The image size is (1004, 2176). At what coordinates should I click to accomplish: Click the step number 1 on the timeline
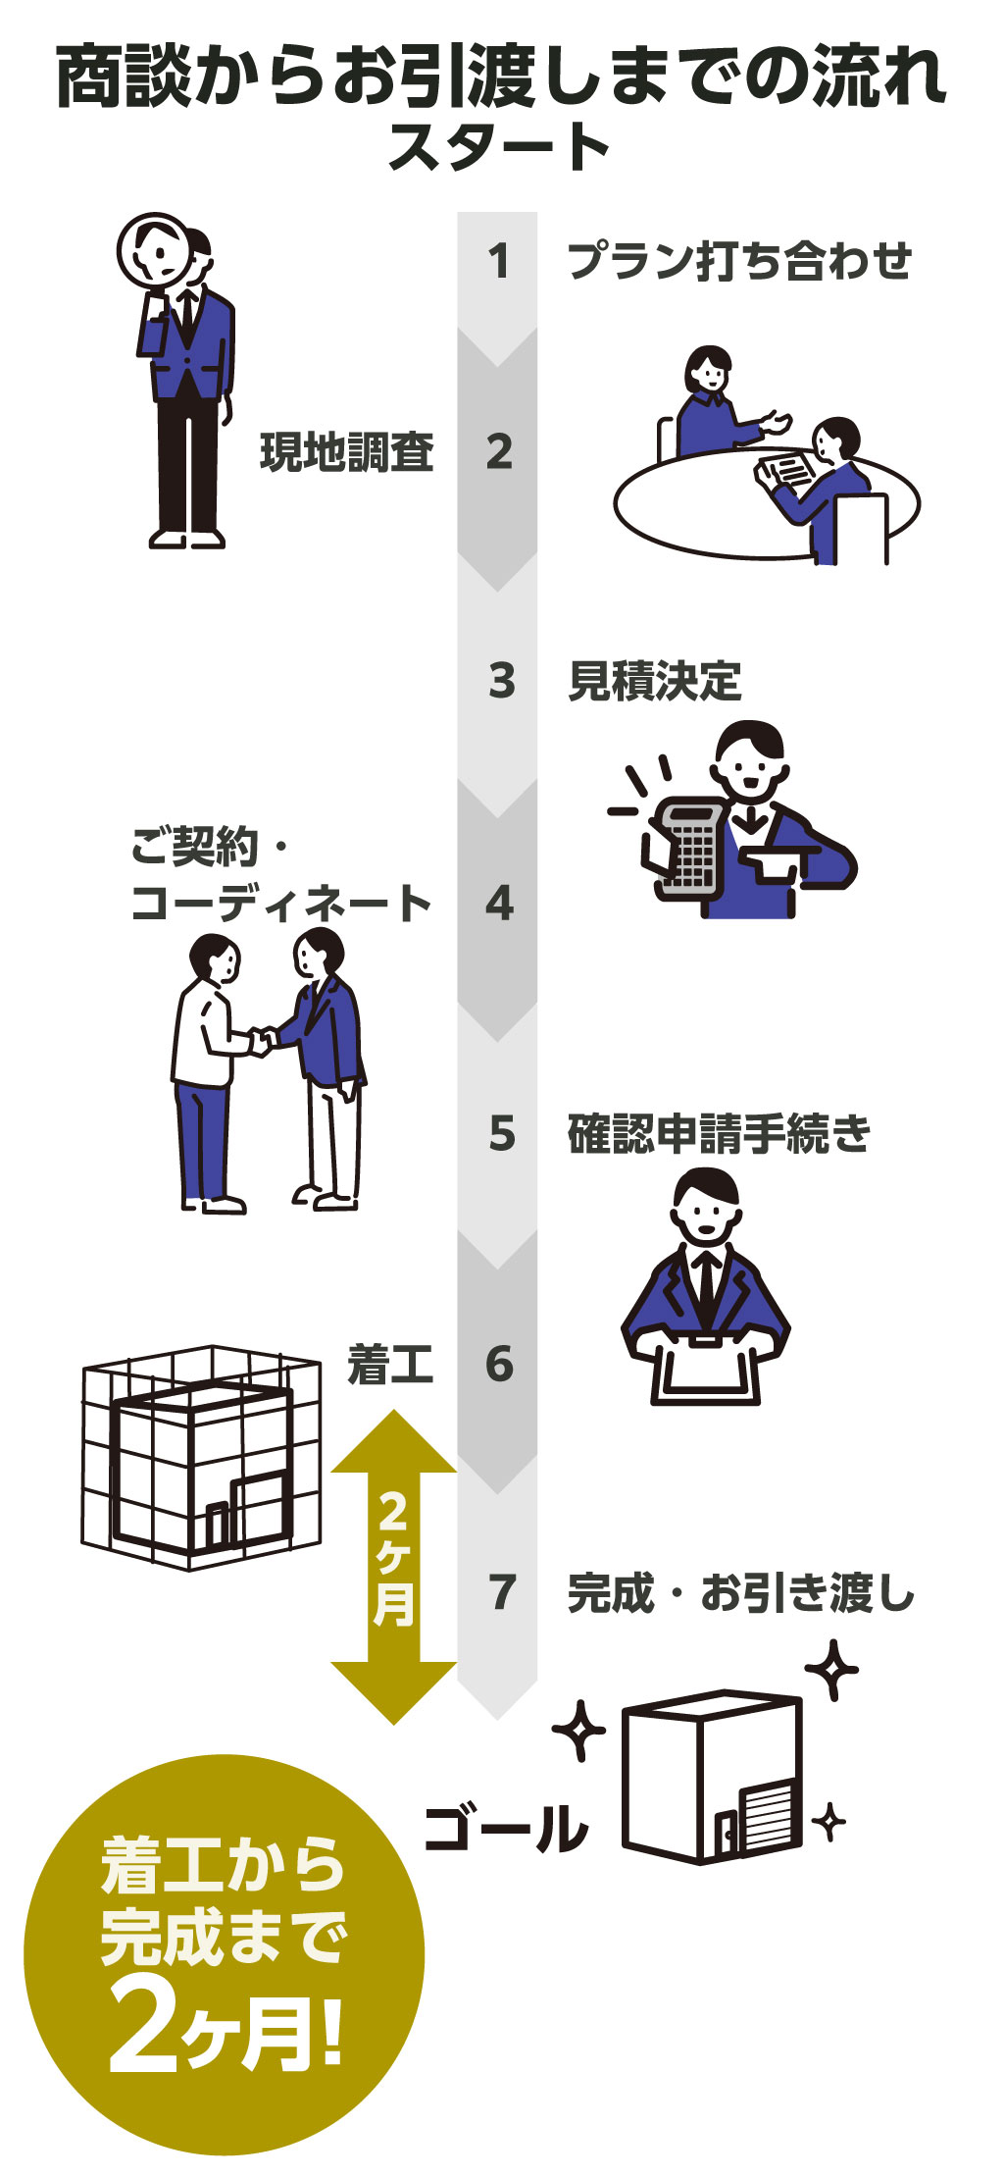click(499, 262)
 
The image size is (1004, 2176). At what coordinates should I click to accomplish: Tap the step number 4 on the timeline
click(499, 903)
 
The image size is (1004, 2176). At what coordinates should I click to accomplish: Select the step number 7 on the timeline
click(502, 1592)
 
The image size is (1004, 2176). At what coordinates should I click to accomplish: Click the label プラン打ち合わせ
click(740, 261)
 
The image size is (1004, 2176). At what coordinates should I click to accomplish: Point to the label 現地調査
click(347, 452)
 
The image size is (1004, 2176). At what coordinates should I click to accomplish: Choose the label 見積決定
click(655, 681)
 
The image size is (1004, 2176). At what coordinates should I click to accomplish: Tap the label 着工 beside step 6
click(390, 1364)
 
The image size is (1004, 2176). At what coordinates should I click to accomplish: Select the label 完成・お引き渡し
click(741, 1592)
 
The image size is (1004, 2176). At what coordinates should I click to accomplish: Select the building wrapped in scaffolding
click(201, 1456)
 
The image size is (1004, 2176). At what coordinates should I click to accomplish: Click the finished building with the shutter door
click(713, 1776)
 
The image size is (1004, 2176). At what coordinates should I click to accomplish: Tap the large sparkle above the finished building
click(831, 1670)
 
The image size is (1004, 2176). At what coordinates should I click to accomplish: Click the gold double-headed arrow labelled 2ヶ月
click(394, 1567)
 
